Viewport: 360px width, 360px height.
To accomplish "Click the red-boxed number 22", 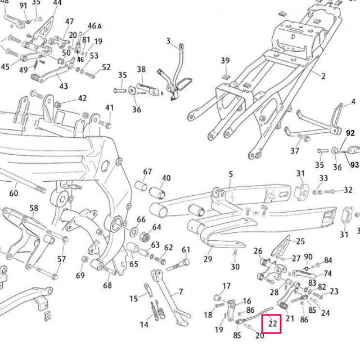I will pos(273,323).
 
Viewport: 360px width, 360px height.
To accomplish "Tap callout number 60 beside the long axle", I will pos(13,193).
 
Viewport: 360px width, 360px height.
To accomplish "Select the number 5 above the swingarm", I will pos(231,175).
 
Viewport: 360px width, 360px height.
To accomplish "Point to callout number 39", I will pos(225,61).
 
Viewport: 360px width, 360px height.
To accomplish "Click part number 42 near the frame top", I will pos(82,98).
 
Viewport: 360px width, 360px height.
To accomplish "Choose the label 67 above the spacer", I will pos(147,172).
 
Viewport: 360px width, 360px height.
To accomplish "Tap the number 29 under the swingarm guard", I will pos(208,259).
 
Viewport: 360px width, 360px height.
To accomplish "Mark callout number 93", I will pos(354,165).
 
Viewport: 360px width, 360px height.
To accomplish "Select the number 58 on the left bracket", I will pos(34,209).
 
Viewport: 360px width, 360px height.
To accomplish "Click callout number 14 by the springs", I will pos(144,325).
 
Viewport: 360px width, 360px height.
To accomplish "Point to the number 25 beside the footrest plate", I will pos(300,241).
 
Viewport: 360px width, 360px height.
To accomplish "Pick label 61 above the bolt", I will pos(186,250).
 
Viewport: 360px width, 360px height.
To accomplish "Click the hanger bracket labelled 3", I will pos(174,73).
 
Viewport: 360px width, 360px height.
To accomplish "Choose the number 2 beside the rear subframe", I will pos(323,75).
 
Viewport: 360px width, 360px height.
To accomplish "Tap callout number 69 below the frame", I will pos(80,275).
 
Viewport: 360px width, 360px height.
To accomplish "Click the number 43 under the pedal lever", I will pos(64,86).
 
